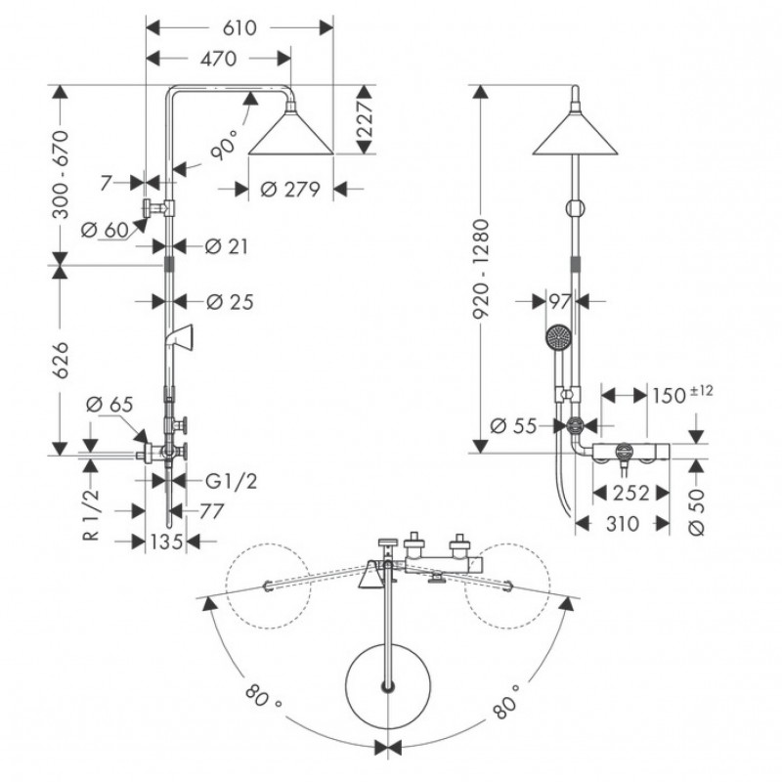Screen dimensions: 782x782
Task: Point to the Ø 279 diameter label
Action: point(292,190)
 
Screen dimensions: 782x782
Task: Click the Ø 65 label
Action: point(106,403)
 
